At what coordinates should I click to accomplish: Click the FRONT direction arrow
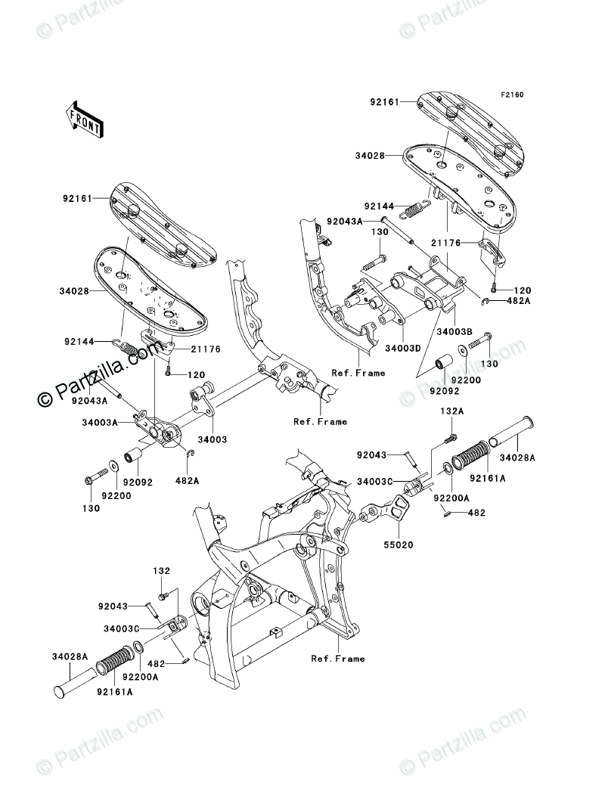85,119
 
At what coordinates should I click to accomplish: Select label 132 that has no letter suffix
164,571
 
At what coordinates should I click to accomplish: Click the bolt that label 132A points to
451,437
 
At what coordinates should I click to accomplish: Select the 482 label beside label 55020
476,513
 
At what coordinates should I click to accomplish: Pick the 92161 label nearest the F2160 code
386,100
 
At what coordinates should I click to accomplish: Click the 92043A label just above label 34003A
90,393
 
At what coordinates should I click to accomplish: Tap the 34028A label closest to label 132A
518,458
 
